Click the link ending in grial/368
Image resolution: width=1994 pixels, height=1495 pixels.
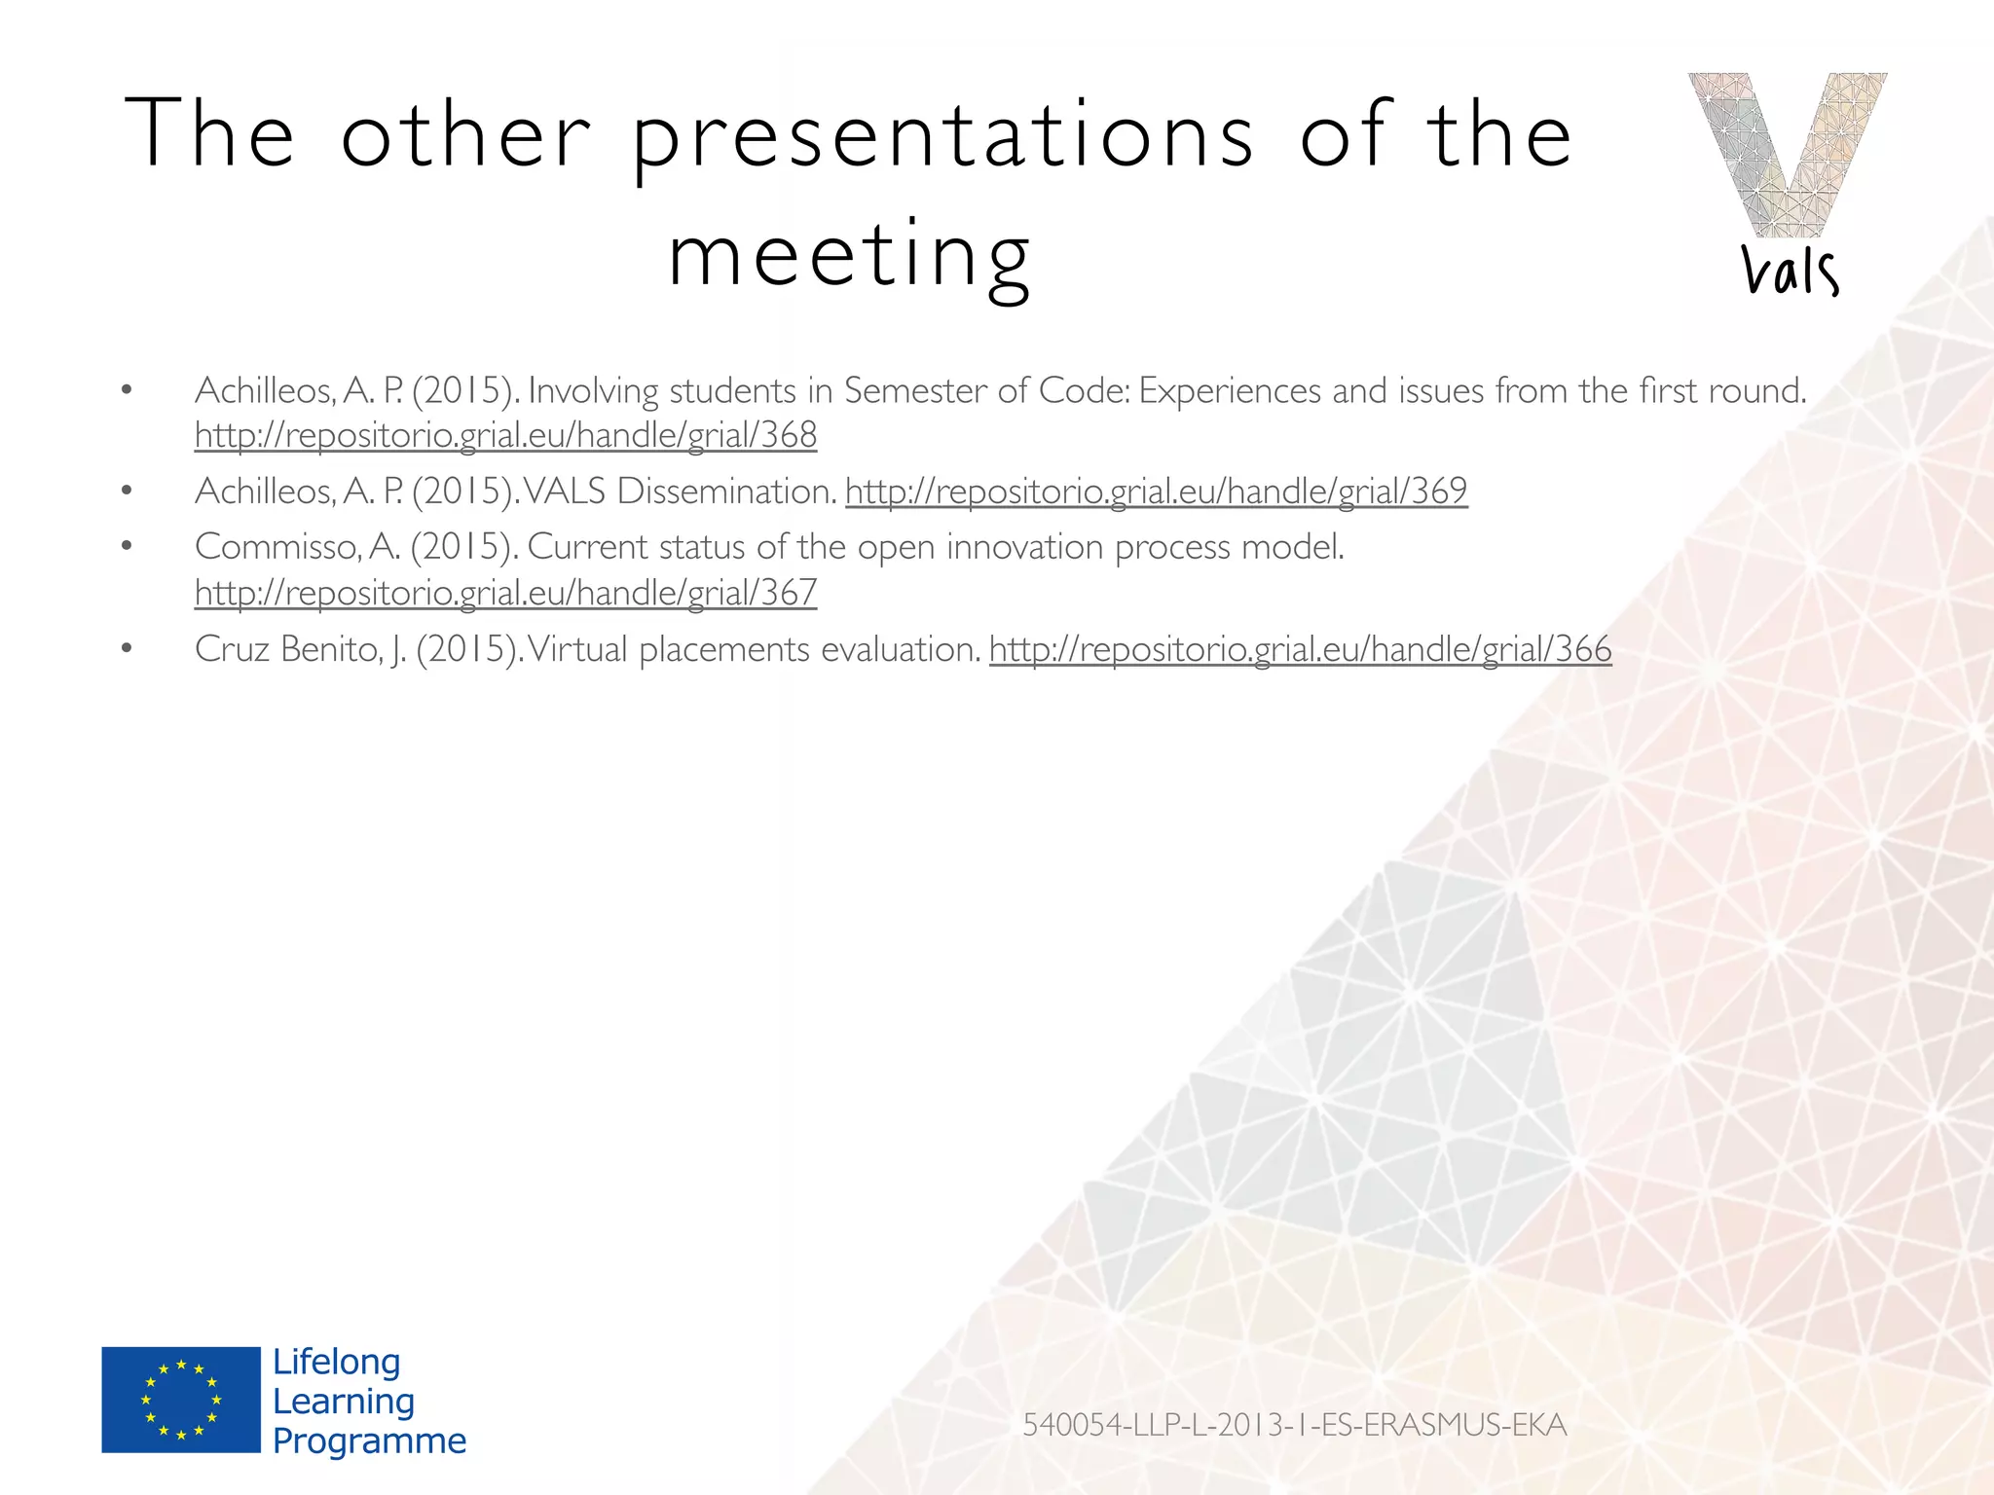coord(505,435)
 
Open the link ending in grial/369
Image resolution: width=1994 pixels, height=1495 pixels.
coord(1156,491)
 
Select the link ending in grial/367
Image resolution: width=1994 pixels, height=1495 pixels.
coord(505,593)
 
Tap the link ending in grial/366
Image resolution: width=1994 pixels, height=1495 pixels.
coord(1300,649)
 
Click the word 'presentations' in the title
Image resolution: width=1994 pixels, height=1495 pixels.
coord(942,136)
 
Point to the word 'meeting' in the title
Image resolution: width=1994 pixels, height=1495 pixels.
coord(849,255)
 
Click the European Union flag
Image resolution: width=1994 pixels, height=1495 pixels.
coord(181,1400)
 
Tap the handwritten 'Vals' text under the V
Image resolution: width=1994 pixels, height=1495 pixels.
coord(1790,271)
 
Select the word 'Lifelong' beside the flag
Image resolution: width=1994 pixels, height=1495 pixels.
coord(336,1362)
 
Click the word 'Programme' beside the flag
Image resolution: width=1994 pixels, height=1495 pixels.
coord(369,1440)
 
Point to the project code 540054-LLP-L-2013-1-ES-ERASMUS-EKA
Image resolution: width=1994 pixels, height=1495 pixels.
coord(1294,1425)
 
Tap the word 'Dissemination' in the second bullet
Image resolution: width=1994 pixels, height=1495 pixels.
coord(726,491)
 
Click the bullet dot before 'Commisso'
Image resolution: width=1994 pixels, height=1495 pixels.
coord(126,546)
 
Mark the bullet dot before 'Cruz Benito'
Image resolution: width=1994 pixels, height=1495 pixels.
coord(126,648)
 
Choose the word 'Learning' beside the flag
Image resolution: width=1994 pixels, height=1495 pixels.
coord(344,1402)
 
